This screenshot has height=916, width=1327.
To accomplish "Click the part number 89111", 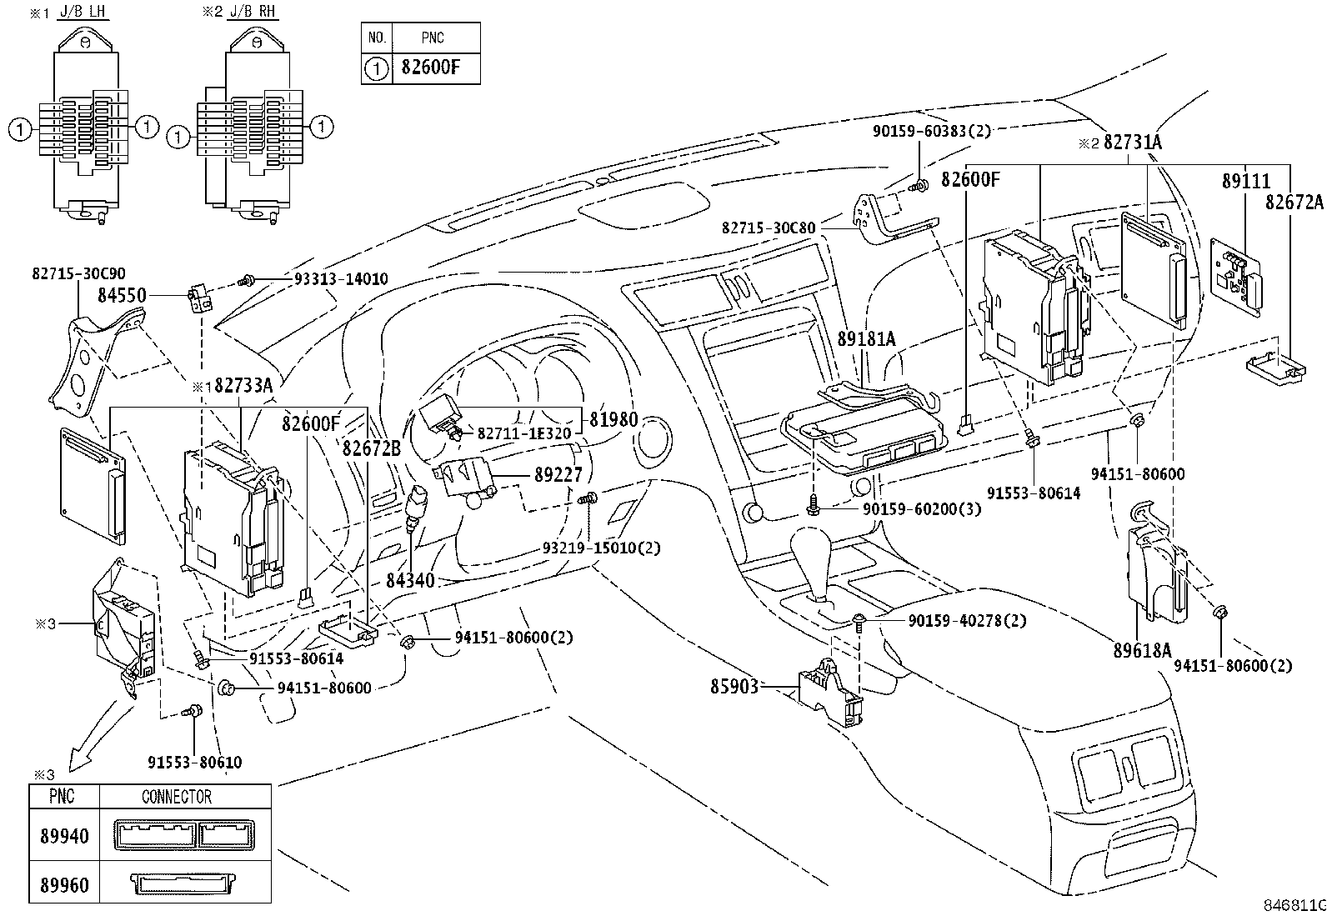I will tap(1246, 180).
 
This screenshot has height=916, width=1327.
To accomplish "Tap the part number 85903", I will tap(734, 687).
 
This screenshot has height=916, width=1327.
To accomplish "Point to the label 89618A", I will tap(1142, 650).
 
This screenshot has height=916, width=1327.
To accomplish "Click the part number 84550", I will tap(122, 294).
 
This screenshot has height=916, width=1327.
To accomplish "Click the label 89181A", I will tap(866, 338).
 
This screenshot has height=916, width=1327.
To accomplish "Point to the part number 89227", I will tap(558, 473).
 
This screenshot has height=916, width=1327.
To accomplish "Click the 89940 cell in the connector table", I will tap(64, 836).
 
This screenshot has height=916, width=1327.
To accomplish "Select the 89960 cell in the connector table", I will tap(64, 884).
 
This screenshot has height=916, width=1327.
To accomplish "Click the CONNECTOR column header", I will tap(177, 797).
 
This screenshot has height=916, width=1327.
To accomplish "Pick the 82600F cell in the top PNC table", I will tap(430, 68).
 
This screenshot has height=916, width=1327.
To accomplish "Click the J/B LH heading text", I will tap(88, 13).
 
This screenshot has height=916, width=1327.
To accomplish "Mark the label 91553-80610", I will tap(195, 763).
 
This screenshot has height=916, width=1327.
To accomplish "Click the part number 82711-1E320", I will tap(523, 433).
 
